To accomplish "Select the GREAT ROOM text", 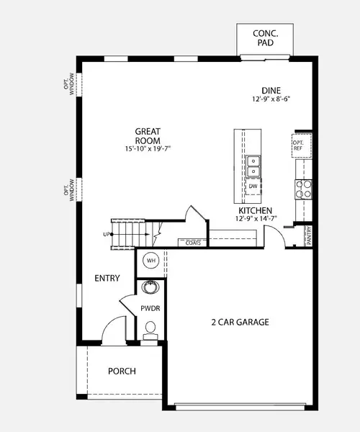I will (x=147, y=135).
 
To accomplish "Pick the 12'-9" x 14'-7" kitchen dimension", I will (x=256, y=220).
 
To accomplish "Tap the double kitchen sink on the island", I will (x=253, y=166).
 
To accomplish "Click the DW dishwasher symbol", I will (x=253, y=186).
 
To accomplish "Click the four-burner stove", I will (x=303, y=189).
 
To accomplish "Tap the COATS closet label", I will (x=192, y=243).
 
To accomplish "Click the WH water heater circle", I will (x=151, y=260).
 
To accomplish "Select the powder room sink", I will (x=150, y=289).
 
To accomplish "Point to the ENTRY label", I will (x=107, y=278).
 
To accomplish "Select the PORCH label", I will (x=122, y=372).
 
